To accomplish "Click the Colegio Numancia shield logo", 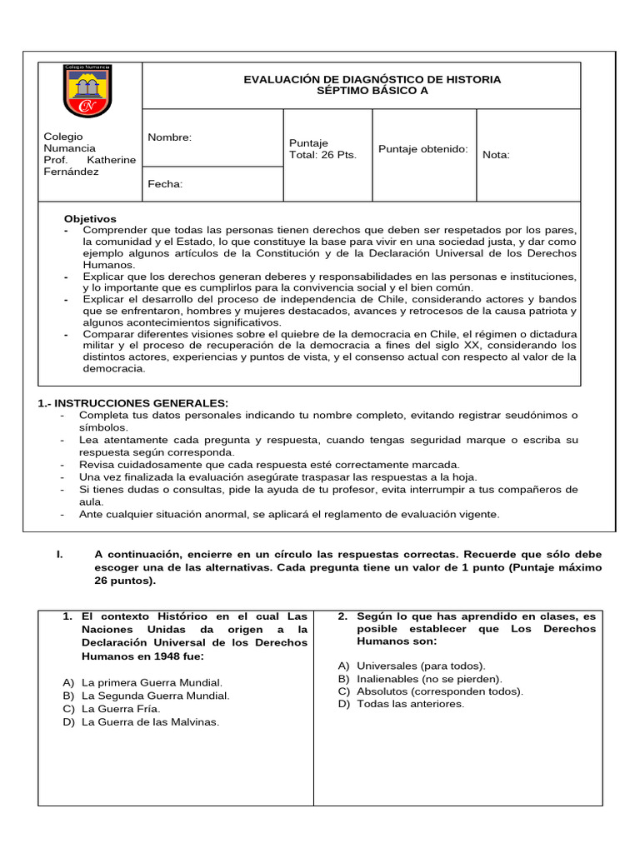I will (x=88, y=90).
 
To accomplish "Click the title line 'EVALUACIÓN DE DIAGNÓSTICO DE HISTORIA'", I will (x=372, y=79).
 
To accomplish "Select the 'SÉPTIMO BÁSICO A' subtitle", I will (x=372, y=91).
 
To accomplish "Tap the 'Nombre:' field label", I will (x=169, y=137).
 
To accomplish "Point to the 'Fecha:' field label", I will (x=165, y=184).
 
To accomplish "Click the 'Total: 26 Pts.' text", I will (x=322, y=155).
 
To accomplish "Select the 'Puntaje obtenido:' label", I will (x=423, y=149).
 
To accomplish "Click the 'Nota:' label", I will (x=496, y=155).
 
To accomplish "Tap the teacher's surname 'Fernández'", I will (x=71, y=172).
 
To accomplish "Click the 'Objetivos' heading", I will (x=91, y=218).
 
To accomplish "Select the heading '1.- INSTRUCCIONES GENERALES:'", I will (x=133, y=403).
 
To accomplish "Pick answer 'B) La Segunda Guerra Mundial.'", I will (x=145, y=696).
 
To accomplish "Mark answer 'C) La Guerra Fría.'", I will (x=112, y=709).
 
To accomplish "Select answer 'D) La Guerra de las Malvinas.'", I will (x=141, y=722).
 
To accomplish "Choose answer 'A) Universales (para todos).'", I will (x=412, y=666).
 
